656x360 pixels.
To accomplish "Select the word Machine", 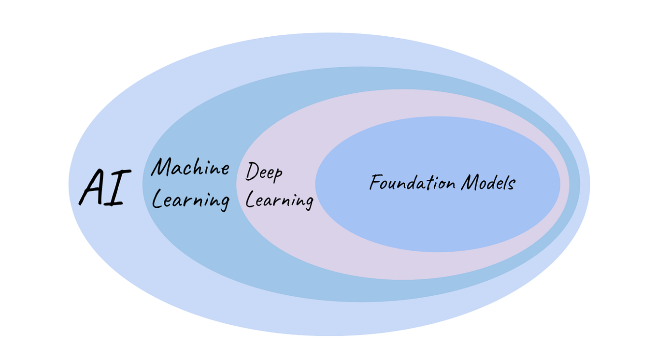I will [190, 168].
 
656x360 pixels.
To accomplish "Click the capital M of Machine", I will [162, 167].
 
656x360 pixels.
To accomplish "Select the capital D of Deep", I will [252, 172].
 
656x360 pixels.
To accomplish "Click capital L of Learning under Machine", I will [157, 200].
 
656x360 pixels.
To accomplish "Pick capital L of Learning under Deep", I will [250, 199].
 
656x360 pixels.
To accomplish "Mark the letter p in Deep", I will [277, 175].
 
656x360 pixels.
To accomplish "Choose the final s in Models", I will [512, 185].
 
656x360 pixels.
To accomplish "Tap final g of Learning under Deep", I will [308, 202].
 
